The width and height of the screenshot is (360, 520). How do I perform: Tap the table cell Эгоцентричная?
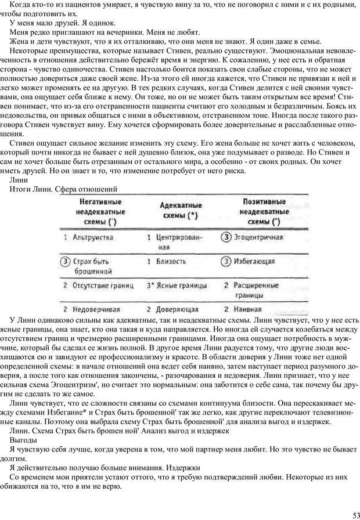click(x=258, y=237)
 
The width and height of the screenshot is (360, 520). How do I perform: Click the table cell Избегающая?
click(x=254, y=262)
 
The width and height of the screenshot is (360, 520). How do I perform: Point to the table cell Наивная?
click(x=249, y=309)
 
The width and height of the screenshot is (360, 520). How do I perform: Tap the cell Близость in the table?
click(x=172, y=262)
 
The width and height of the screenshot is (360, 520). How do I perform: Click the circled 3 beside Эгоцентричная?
click(x=227, y=237)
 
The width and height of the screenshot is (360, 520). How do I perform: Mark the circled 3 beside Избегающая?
click(x=227, y=262)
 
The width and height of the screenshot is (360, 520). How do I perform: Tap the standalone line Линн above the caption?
click(x=19, y=180)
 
